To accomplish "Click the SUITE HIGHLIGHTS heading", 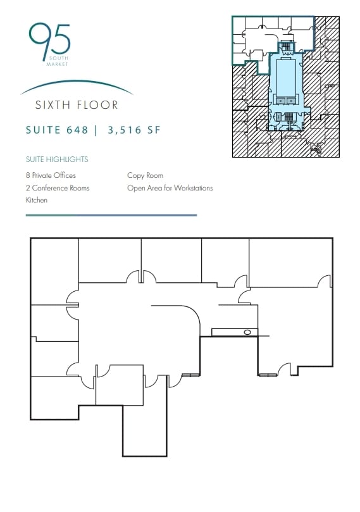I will (x=57, y=159).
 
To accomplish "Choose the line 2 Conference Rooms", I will (x=58, y=188).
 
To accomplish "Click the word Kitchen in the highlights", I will (x=37, y=200).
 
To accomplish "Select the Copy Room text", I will (x=145, y=175).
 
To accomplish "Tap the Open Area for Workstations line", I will (x=170, y=188).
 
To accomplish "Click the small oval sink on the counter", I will (x=247, y=332).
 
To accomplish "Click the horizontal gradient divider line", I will (x=111, y=215).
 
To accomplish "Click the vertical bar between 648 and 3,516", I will (x=96, y=131).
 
